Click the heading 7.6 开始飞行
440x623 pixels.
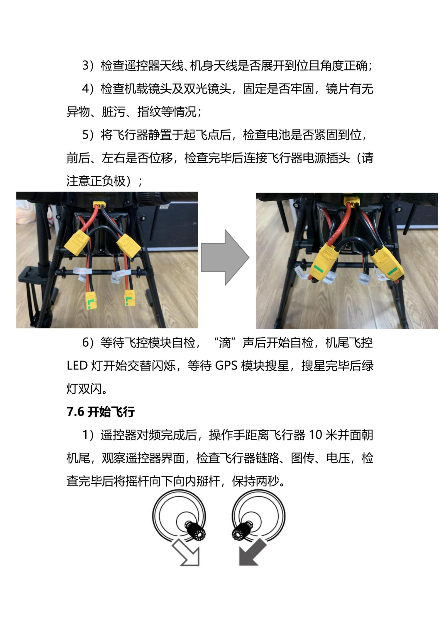point(101,412)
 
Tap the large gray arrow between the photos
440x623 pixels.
point(225,258)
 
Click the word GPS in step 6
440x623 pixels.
point(226,366)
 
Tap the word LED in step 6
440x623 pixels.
point(77,366)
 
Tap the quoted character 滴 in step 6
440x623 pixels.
point(225,343)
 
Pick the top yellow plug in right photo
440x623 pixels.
point(352,201)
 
